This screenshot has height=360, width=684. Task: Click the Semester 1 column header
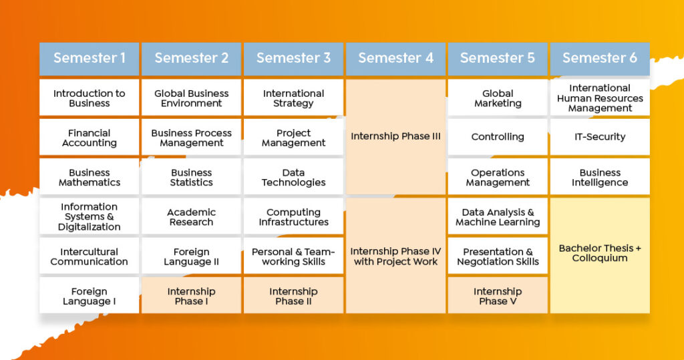pos(89,59)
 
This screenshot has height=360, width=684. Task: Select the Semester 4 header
pos(395,59)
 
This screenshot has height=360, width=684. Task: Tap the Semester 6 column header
pos(600,59)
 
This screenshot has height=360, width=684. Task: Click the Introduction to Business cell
pos(89,98)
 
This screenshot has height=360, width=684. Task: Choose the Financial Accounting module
pos(89,138)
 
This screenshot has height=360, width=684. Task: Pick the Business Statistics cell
pos(191,177)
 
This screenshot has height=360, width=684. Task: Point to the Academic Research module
pos(191,216)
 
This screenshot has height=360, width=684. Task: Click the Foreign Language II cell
pos(191,256)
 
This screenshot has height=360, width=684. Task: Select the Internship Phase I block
pos(191,295)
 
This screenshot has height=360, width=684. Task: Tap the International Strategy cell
pos(293,98)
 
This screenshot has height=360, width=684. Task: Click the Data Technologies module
pos(293,177)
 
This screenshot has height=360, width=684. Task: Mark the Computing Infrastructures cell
pos(293,216)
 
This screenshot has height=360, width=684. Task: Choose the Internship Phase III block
pos(395,136)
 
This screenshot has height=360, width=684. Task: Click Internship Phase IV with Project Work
pos(395,256)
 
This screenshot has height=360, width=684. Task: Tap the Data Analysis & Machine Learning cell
pos(498,216)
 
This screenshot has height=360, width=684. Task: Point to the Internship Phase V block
pos(498,295)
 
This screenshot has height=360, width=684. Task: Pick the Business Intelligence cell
pos(600,177)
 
